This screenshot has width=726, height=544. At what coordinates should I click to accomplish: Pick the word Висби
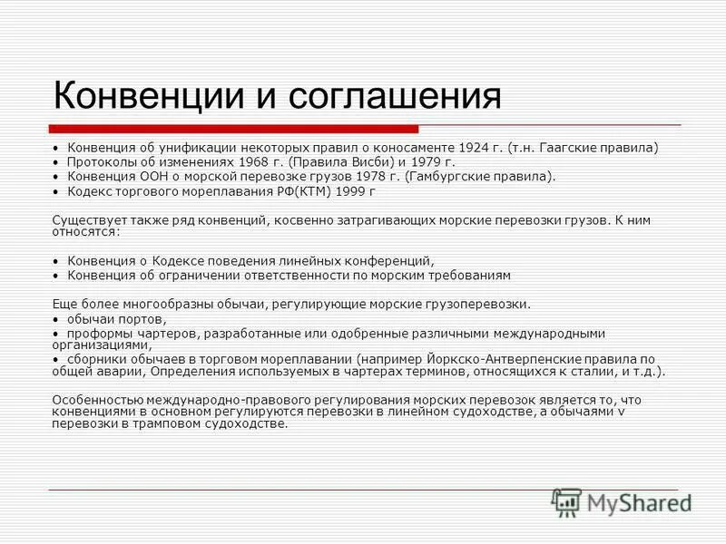338,161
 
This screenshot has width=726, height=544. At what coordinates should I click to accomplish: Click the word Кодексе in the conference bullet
181,260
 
